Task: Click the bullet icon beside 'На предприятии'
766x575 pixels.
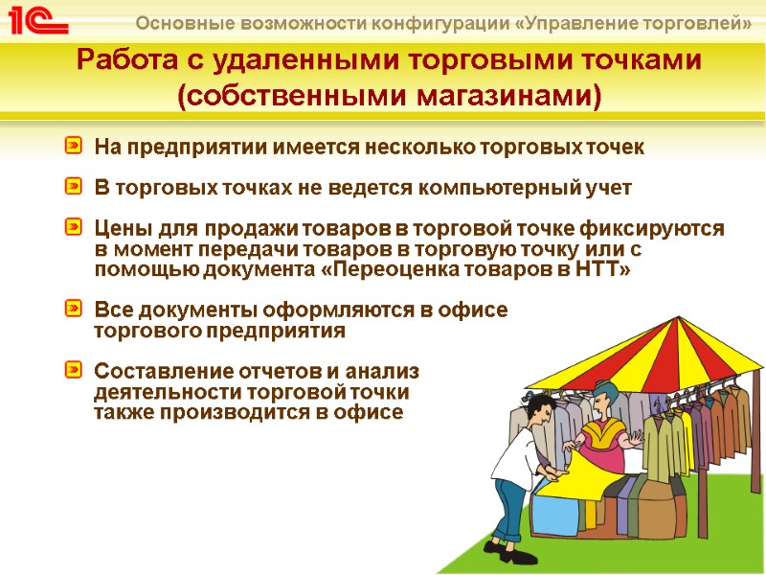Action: point(74,147)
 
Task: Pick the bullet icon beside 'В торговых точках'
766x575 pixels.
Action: point(74,187)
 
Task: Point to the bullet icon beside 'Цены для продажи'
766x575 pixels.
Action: point(74,228)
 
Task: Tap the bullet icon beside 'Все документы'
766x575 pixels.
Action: point(74,310)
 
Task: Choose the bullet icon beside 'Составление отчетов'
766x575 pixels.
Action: point(74,370)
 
